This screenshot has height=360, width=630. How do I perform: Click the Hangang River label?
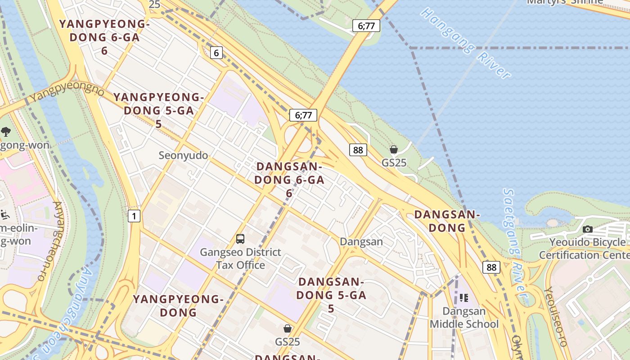(465, 43)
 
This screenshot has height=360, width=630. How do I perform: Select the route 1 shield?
(134, 216)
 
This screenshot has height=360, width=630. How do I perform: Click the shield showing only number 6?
(216, 53)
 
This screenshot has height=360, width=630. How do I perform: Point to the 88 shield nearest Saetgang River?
(491, 267)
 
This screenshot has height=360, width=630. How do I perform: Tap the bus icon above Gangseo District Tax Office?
(240, 239)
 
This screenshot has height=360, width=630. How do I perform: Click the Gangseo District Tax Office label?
(240, 259)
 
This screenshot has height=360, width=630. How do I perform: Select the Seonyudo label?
(183, 156)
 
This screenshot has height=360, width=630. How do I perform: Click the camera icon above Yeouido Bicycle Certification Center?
(587, 229)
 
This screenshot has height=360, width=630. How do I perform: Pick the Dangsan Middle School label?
(464, 318)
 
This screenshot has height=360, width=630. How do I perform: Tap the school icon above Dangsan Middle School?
(464, 297)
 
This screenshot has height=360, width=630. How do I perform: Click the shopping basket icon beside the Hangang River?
(394, 149)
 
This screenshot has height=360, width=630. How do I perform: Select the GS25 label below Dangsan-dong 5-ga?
(287, 342)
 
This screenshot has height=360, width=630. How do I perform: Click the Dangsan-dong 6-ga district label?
(289, 180)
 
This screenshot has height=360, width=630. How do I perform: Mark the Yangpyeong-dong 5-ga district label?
(158, 110)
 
